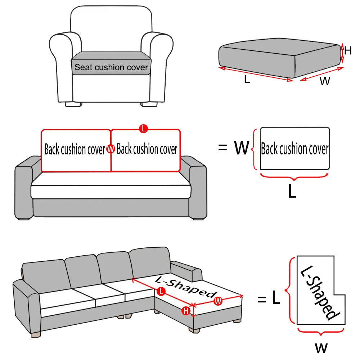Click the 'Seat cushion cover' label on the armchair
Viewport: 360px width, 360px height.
coord(111,67)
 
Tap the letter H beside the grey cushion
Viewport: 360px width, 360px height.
coord(347,51)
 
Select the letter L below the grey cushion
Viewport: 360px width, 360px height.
coord(247,80)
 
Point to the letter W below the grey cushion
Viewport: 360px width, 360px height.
coord(325,82)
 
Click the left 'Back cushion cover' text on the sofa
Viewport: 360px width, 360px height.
coord(75,149)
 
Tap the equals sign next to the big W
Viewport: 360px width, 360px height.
coord(223,148)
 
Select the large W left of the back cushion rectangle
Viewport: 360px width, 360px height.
coord(242,148)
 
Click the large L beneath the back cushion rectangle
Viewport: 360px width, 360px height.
coord(292,192)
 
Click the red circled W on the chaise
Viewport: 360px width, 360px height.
coord(217,302)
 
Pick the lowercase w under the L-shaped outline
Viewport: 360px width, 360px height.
coord(321,347)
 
